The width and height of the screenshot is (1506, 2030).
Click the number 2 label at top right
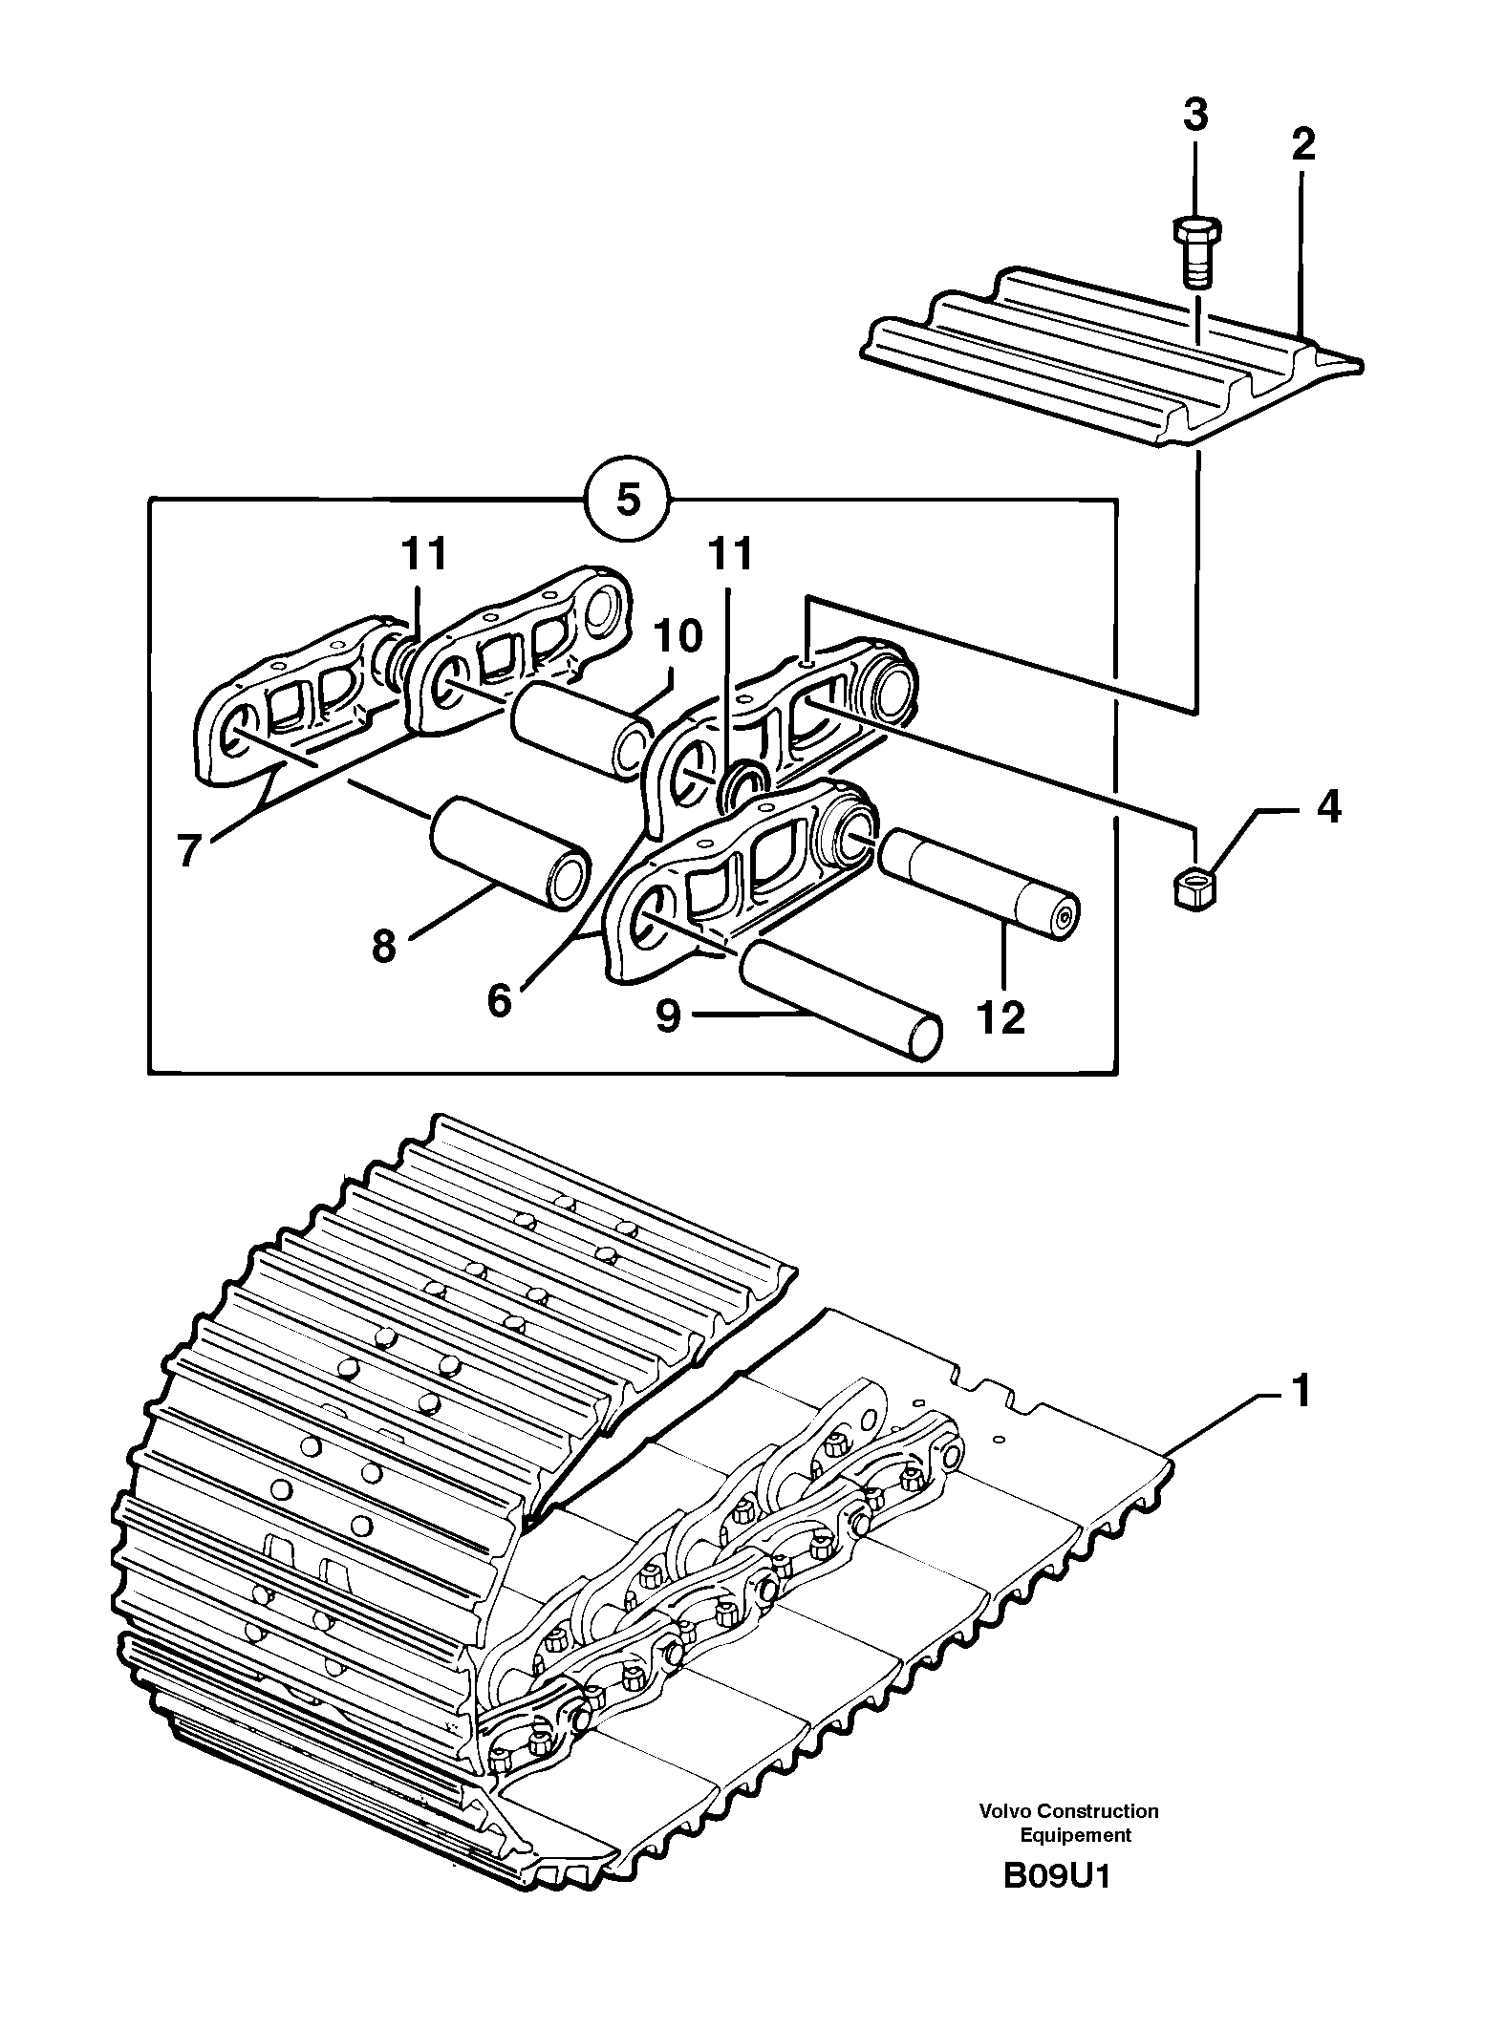point(1302,145)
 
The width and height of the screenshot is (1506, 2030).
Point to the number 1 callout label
point(1301,1391)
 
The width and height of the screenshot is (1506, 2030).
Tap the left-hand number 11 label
point(424,554)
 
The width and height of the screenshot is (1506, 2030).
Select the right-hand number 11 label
point(731,554)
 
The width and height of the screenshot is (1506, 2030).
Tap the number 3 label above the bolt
point(1195,116)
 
